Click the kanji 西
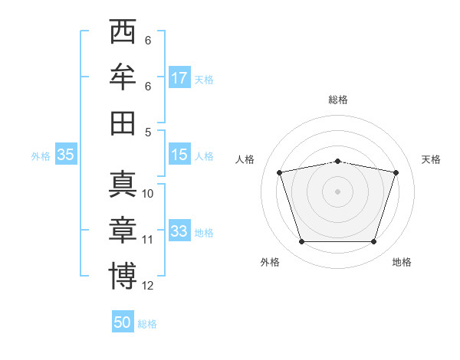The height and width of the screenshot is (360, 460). pos(123,33)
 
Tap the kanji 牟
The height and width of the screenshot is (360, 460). pos(123,78)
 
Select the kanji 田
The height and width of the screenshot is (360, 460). pos(123,123)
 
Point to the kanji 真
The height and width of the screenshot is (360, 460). pos(123,185)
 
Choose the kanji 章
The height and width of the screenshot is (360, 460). pos(123,230)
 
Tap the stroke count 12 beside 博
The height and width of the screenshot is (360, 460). pos(148,286)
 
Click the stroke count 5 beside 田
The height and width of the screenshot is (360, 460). pos(148,133)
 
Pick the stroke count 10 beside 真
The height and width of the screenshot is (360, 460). pos(148,194)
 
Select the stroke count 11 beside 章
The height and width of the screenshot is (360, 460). pos(148,240)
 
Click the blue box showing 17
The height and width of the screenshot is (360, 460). pos(179,78)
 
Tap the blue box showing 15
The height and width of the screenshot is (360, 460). pos(179,155)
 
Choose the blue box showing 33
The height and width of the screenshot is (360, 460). pos(179,231)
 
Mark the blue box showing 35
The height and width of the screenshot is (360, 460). pos(65,155)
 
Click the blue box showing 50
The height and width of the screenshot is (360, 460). pos(123,322)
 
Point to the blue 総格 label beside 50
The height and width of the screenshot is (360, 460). pos(147,323)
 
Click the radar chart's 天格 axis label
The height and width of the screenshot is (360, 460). pos(431,159)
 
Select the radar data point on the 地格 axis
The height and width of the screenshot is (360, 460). pos(373,242)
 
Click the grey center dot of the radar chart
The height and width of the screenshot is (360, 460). pos(337,191)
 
